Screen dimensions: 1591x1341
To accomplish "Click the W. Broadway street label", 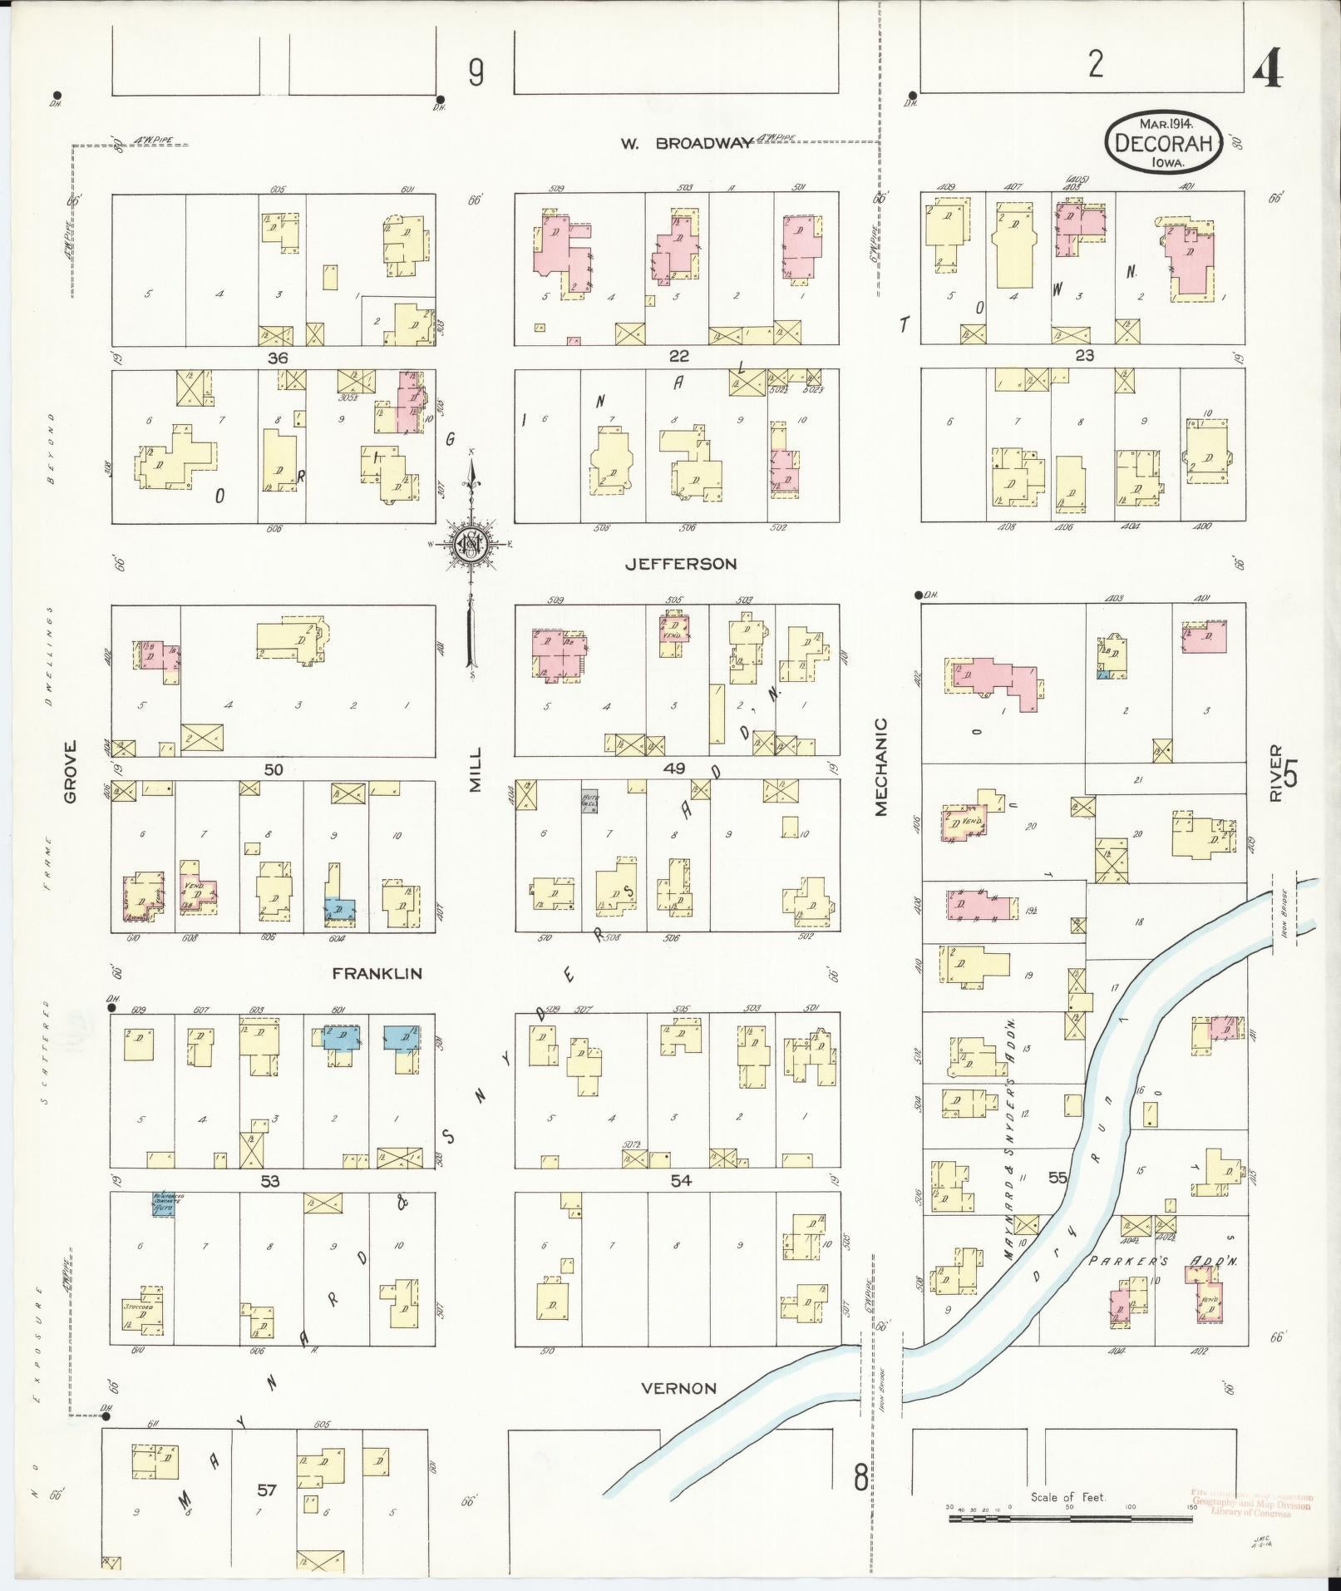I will click(685, 143).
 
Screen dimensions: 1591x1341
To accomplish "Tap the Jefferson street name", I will click(680, 564).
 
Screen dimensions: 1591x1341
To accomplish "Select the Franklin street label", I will click(377, 973).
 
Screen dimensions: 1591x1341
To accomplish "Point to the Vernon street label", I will click(678, 1388).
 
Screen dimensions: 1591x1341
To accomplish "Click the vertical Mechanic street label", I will click(880, 767).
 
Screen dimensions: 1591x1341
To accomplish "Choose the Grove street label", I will click(70, 772).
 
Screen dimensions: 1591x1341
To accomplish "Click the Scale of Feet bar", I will click(1070, 1519).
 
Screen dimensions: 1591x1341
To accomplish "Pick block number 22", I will click(679, 356).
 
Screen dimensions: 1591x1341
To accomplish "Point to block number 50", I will click(274, 770).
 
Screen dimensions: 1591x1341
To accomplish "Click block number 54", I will click(682, 1180).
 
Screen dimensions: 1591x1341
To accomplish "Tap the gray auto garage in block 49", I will click(589, 801).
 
